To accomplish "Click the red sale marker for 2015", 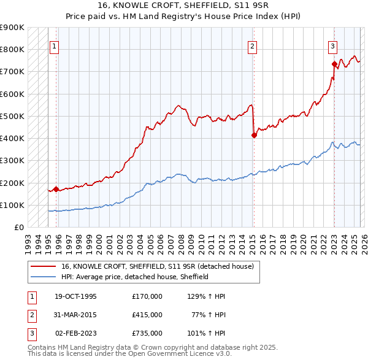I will (x=254, y=136).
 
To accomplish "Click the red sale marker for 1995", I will (x=56, y=190).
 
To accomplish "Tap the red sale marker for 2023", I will (x=334, y=64).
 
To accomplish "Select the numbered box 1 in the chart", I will (x=55, y=45).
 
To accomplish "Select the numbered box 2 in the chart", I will (x=253, y=45).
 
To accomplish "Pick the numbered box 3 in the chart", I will (x=332, y=45).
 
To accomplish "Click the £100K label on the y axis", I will (x=12, y=206).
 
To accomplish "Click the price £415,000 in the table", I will (x=147, y=315).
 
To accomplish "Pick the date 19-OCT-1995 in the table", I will (x=75, y=296).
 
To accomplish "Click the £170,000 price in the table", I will (x=147, y=296).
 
